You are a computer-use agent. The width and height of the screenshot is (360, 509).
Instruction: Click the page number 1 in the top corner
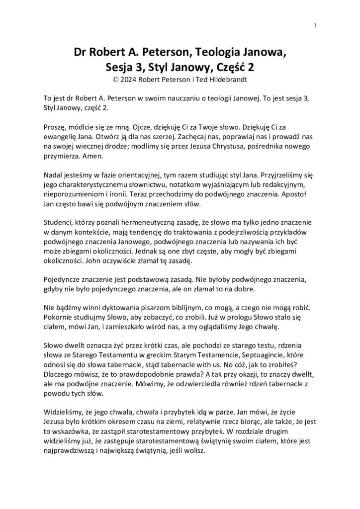click(316, 26)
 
